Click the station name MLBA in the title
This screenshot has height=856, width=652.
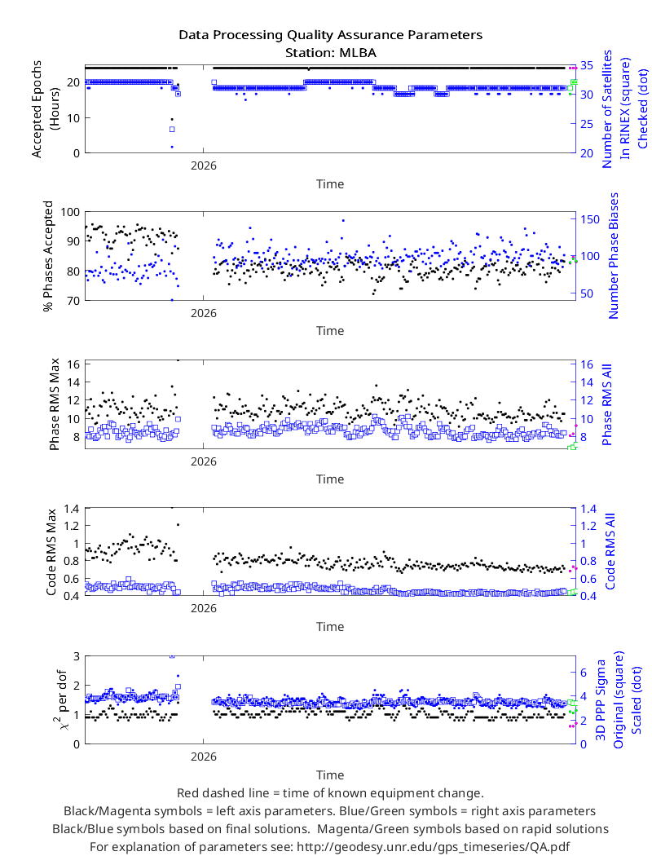(357, 53)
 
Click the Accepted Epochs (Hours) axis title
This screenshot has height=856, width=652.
(45, 109)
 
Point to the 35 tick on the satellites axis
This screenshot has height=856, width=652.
(587, 65)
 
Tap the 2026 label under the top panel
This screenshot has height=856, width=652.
(204, 165)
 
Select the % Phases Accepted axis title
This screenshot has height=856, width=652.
(49, 256)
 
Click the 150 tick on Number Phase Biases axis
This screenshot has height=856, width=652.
(590, 219)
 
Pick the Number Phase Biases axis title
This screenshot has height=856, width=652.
(614, 255)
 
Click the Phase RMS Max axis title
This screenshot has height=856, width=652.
(54, 404)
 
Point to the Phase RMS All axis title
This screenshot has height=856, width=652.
(606, 404)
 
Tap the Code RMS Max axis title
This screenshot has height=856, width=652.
(51, 552)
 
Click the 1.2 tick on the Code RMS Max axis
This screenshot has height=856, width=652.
(71, 526)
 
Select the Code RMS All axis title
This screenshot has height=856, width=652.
(610, 551)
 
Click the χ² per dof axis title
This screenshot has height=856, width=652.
(60, 699)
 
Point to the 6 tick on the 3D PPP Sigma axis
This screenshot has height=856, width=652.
(584, 673)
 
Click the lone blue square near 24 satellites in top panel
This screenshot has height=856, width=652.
(172, 130)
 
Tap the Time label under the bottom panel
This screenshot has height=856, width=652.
(330, 775)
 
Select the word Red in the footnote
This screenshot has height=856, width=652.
(187, 793)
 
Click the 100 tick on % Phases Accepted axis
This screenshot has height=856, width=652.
(70, 212)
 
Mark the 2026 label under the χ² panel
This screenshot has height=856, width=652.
(204, 757)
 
